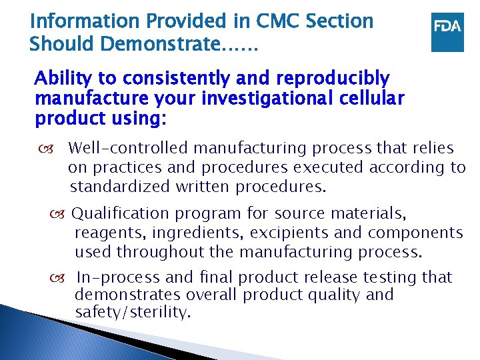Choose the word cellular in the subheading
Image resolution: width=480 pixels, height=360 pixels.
coord(371,99)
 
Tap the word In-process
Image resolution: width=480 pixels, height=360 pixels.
coord(117,277)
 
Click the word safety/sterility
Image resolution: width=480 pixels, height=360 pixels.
coord(133,313)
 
